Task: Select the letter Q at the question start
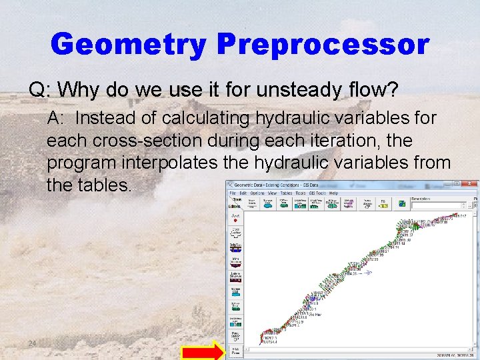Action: (x=35, y=89)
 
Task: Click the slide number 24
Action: (x=32, y=343)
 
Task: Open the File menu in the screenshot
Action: (x=233, y=192)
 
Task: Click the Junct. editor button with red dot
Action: (x=236, y=218)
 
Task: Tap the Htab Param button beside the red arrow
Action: (x=236, y=350)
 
